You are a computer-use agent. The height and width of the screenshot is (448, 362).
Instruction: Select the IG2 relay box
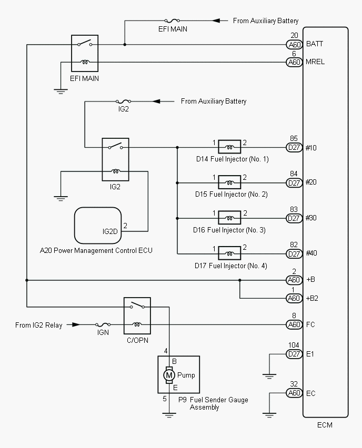point(116,159)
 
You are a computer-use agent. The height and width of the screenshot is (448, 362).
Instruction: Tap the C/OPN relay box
point(137,315)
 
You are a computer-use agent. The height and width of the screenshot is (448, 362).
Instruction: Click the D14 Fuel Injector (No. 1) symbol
point(229,147)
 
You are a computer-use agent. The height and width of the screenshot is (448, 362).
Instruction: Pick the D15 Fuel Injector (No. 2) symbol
point(229,182)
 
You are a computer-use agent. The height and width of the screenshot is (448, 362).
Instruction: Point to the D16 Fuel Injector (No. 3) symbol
point(229,218)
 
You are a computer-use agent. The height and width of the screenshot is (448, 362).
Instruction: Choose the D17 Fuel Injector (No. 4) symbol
point(229,253)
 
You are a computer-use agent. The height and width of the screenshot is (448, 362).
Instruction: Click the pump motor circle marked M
point(169,375)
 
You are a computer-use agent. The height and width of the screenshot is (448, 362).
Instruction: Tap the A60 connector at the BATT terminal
point(294,45)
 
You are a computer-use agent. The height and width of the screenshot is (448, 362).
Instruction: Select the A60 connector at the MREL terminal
point(294,62)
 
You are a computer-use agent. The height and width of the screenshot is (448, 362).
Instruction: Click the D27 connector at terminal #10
point(294,148)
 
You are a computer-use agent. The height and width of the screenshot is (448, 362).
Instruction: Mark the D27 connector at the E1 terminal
point(294,354)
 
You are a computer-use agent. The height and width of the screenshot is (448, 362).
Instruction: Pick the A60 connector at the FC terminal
point(294,324)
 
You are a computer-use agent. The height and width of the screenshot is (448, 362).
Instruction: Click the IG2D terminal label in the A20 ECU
point(110,231)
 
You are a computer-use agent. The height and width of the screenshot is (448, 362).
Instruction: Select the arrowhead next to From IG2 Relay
point(76,325)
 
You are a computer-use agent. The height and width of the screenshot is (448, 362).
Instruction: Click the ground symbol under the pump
point(169,415)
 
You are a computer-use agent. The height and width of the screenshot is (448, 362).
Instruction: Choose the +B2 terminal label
point(313,298)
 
